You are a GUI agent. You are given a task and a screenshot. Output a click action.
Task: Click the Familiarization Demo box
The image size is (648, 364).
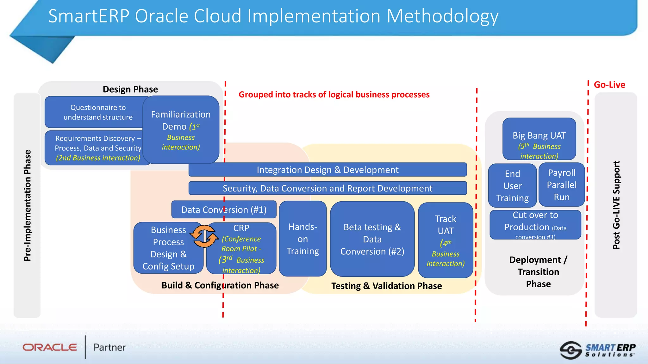point(181,130)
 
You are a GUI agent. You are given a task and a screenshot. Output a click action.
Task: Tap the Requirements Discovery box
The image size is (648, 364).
point(98,148)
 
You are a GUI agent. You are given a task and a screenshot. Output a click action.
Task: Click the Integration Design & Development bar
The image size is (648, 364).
point(327,170)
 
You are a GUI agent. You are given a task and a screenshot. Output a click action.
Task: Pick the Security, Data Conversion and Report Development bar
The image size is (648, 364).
point(327,188)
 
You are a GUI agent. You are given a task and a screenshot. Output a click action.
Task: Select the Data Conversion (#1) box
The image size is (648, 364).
point(224,209)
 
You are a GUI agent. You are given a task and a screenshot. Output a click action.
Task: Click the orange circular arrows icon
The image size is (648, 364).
point(204,236)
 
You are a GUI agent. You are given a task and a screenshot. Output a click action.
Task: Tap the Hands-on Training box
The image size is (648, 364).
point(302,239)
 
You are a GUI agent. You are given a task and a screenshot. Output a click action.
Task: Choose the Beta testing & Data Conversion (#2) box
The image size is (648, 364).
point(372,239)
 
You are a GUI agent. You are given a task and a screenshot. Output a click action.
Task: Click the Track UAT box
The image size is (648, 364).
point(445,240)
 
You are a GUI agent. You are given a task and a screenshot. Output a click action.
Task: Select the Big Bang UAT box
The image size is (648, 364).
point(539,139)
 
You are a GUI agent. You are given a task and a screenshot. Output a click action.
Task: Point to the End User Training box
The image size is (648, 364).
point(512,185)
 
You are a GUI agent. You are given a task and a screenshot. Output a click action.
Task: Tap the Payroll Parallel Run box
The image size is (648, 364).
point(562,185)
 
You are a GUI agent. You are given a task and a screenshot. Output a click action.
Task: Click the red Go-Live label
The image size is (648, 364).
point(609,85)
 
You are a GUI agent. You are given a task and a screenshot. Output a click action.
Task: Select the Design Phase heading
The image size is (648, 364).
point(130,89)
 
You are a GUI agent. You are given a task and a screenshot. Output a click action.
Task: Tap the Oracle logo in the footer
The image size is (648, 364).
point(50,347)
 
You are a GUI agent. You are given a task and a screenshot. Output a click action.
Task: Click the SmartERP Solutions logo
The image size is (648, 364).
point(598,350)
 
